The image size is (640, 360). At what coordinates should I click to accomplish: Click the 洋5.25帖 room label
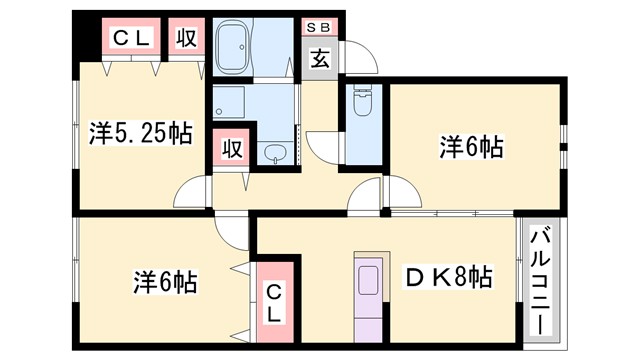coord(140,133)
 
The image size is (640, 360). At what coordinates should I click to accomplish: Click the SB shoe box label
coord(321,27)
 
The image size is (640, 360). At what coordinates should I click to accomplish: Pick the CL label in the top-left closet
coord(131,39)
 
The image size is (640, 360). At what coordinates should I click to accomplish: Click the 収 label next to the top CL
coord(185,39)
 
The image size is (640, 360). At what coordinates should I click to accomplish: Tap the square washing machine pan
coord(234,103)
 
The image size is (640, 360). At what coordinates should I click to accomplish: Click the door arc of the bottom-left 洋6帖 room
coord(235,233)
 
